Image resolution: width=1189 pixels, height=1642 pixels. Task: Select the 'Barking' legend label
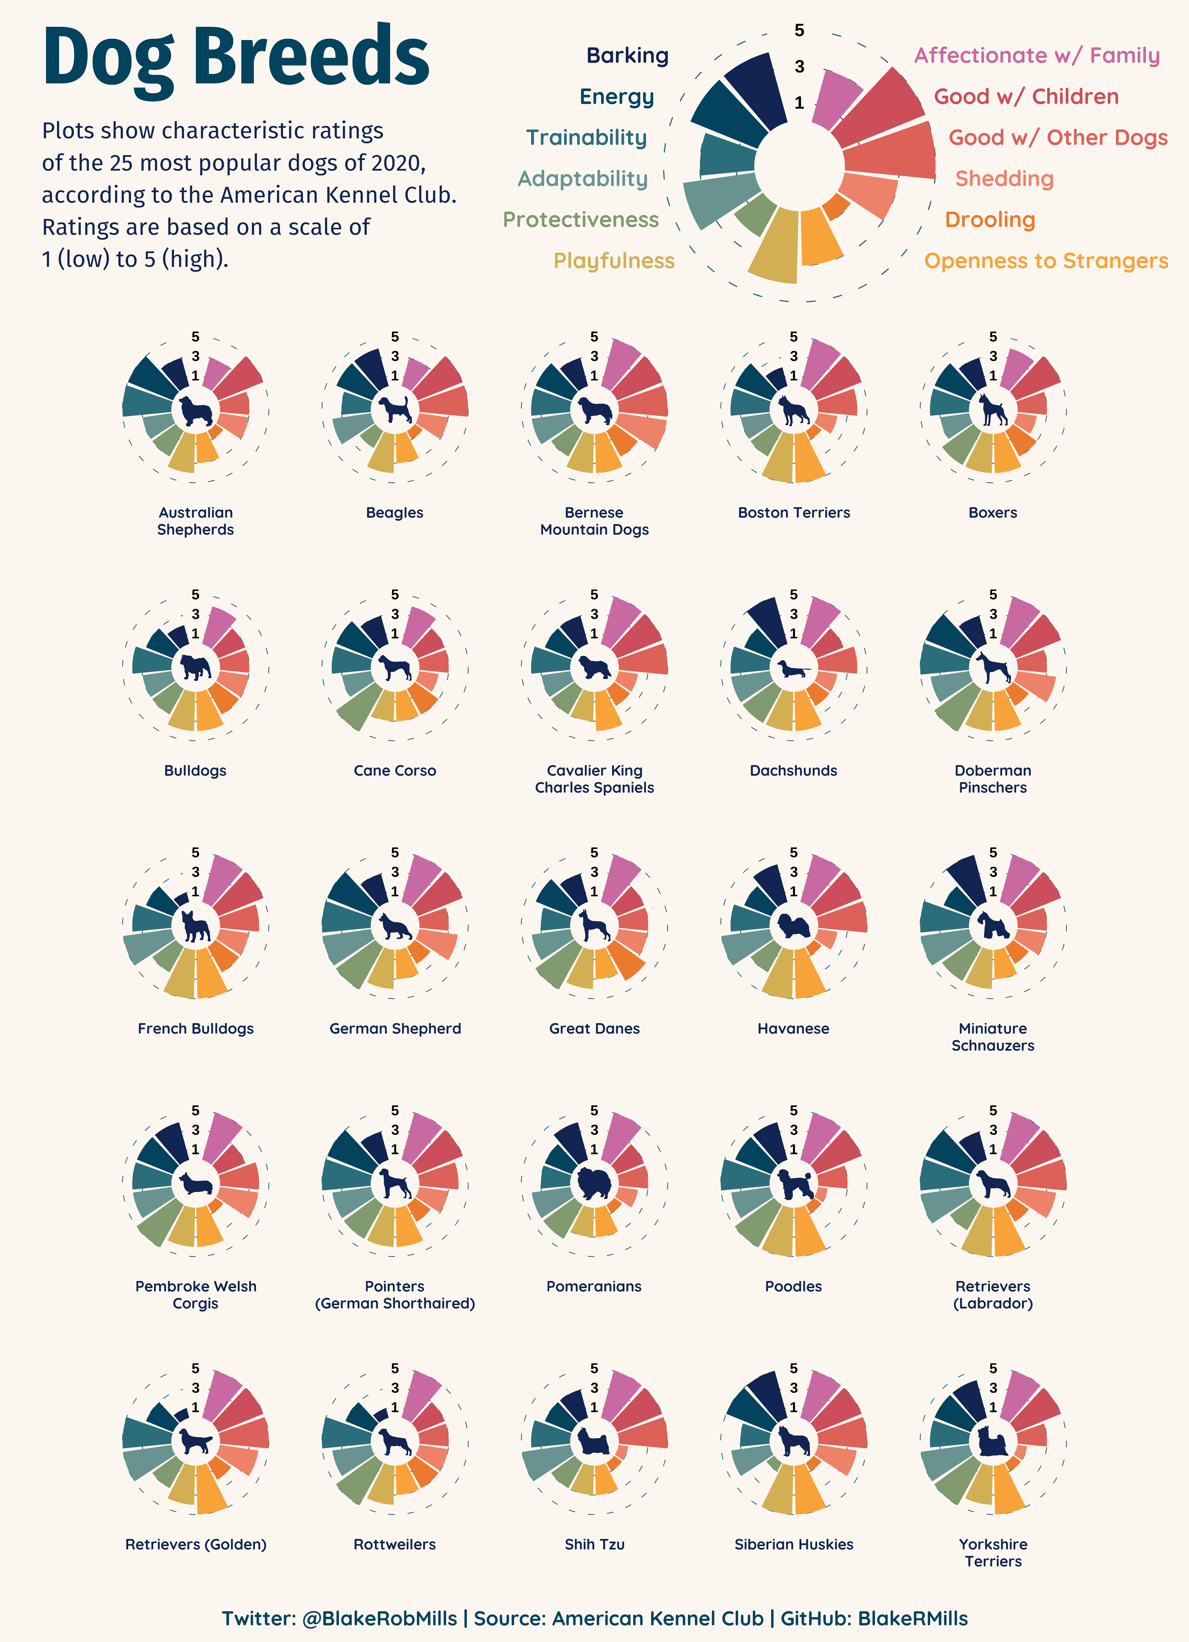[x=627, y=56]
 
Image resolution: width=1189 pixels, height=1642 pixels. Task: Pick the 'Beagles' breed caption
[x=395, y=513]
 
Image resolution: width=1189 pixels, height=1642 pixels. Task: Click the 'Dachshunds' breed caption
[x=794, y=770]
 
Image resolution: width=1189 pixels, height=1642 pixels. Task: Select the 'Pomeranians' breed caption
[x=594, y=1287]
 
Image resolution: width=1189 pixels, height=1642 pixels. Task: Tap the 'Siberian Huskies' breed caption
[x=794, y=1544]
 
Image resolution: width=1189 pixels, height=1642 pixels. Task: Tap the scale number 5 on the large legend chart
[x=799, y=30]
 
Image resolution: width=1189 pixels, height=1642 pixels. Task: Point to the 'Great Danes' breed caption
[x=594, y=1029]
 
